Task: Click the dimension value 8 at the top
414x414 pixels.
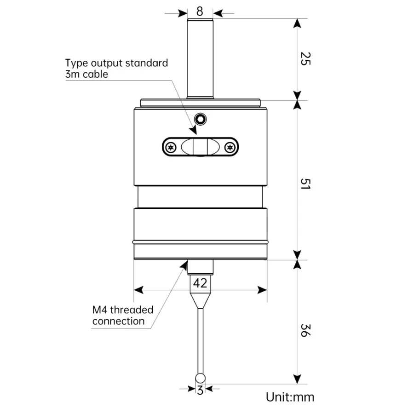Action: coord(200,11)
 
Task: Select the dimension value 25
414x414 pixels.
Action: coord(304,58)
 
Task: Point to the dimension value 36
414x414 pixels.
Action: coord(304,330)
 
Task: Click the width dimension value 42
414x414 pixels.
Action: coord(200,283)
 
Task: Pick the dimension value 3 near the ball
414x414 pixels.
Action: coord(200,391)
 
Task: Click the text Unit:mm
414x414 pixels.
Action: coord(290,397)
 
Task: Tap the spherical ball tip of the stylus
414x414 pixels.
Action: coord(200,378)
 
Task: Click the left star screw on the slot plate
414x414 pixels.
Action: coord(172,147)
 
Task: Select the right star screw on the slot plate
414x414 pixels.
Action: coord(230,147)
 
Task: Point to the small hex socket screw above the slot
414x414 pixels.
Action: coord(200,119)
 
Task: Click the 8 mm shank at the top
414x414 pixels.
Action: coord(200,57)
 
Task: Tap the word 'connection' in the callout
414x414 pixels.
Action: coord(118,321)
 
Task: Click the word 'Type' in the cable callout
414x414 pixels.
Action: coord(77,63)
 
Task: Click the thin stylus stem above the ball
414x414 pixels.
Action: coord(200,340)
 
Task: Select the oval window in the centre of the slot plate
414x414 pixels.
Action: coord(200,147)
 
